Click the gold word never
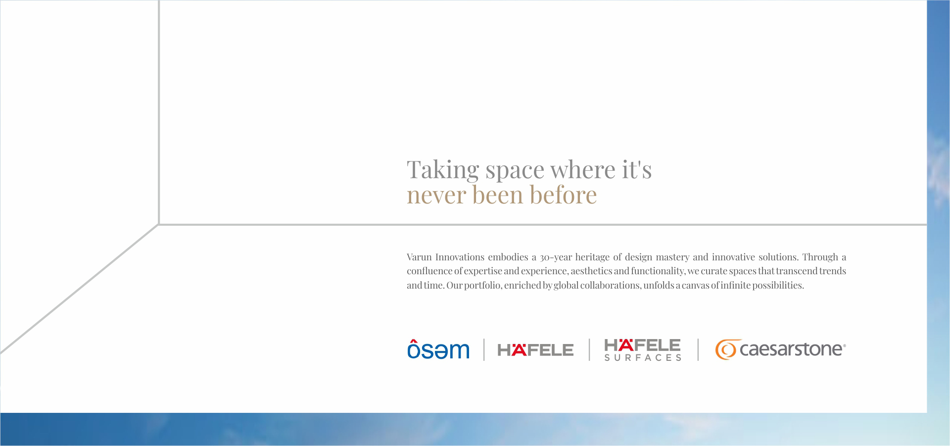(437, 195)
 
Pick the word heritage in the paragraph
(592, 257)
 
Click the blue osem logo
(438, 348)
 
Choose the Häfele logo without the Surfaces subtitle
(535, 349)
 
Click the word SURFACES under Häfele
(643, 357)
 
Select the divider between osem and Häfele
(484, 349)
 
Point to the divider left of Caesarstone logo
(698, 349)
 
